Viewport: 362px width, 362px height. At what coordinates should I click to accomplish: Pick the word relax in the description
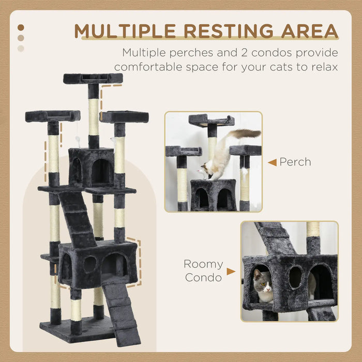point(323,67)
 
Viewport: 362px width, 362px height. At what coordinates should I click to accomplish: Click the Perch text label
point(295,162)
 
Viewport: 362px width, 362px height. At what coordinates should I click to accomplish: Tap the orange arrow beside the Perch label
point(272,162)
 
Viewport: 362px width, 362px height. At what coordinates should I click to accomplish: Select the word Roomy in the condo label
point(203,264)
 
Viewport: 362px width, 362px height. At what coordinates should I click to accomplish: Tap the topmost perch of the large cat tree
point(93,78)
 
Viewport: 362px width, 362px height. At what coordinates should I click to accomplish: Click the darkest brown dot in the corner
point(21,27)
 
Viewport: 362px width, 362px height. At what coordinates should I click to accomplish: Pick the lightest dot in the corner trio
point(21,49)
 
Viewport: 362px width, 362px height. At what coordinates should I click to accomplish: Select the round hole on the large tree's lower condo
point(89,264)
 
